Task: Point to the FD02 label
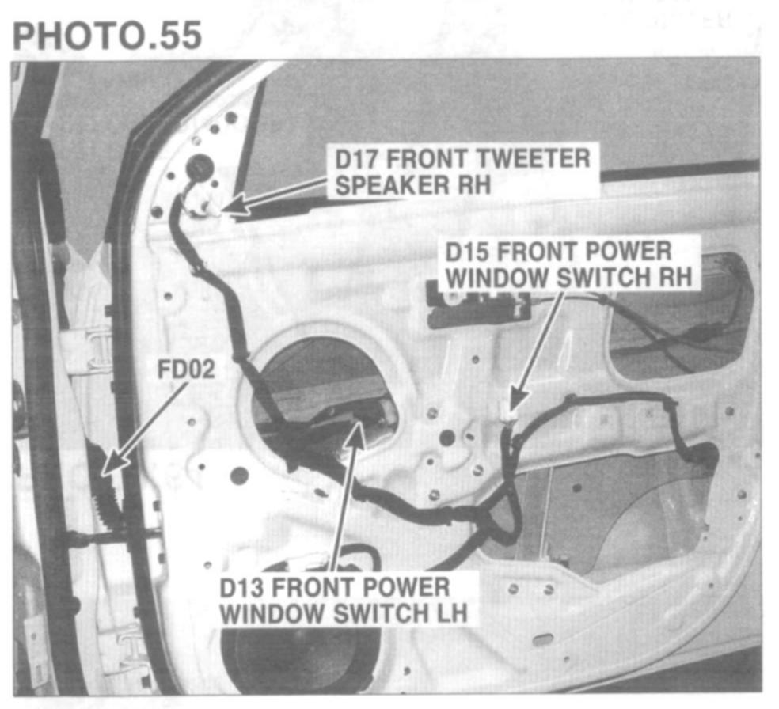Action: click(185, 370)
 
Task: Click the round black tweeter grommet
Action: click(199, 168)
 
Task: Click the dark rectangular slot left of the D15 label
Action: click(467, 305)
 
